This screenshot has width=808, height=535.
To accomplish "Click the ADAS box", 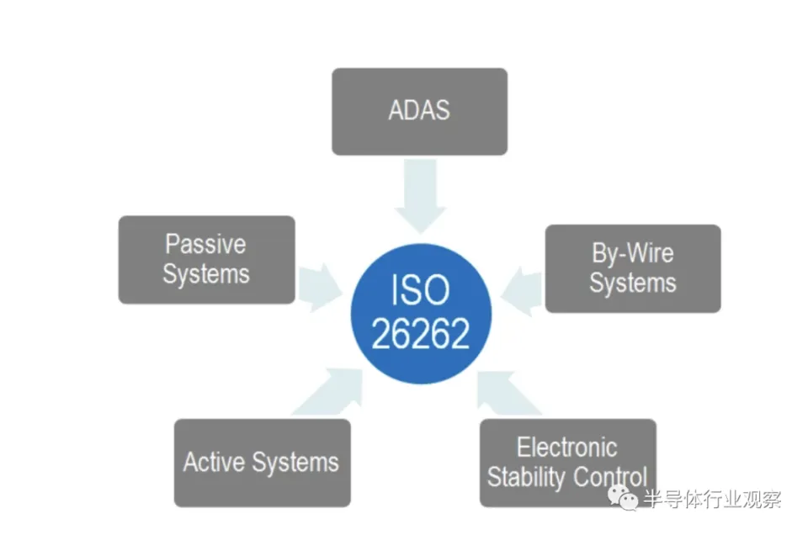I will [419, 111].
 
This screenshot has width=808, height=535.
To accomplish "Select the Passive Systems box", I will [206, 259].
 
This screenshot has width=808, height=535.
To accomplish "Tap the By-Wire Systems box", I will [632, 268].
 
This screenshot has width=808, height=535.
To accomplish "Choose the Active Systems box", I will [262, 462].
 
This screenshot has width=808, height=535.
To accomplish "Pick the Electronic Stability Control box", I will [567, 462].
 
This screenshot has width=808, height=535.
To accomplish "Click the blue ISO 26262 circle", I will [420, 313].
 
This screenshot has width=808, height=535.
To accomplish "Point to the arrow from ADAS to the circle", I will [420, 195].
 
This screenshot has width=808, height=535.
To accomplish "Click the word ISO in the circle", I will [420, 291].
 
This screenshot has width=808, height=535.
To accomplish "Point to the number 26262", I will [420, 335].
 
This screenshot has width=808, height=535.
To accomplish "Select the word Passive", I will [205, 245].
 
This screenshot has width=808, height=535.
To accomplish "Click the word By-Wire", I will [633, 253].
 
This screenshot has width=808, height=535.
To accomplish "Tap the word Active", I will [214, 462].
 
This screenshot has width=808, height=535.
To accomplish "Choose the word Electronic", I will [566, 447].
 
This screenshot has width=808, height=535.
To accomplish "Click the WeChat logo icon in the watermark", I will [627, 498].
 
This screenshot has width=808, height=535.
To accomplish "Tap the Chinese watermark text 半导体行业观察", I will [712, 498].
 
